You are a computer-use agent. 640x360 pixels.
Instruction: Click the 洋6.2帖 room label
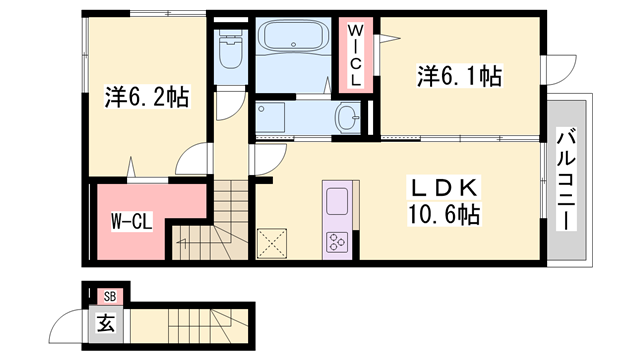147,98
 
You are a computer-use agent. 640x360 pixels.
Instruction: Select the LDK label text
444,188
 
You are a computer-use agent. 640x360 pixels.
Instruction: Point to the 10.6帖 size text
444,213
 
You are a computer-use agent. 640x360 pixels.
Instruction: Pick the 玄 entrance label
104,322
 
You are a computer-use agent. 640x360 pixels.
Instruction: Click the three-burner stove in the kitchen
335,241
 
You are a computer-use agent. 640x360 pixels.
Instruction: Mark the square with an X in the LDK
272,242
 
